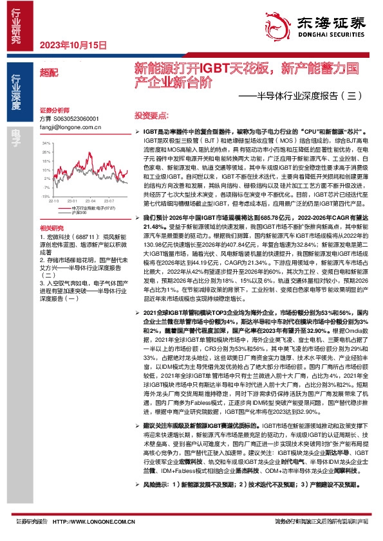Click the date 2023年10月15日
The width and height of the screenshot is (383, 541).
[x=71, y=46]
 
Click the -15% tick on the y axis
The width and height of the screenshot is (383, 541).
[x=44, y=196]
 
